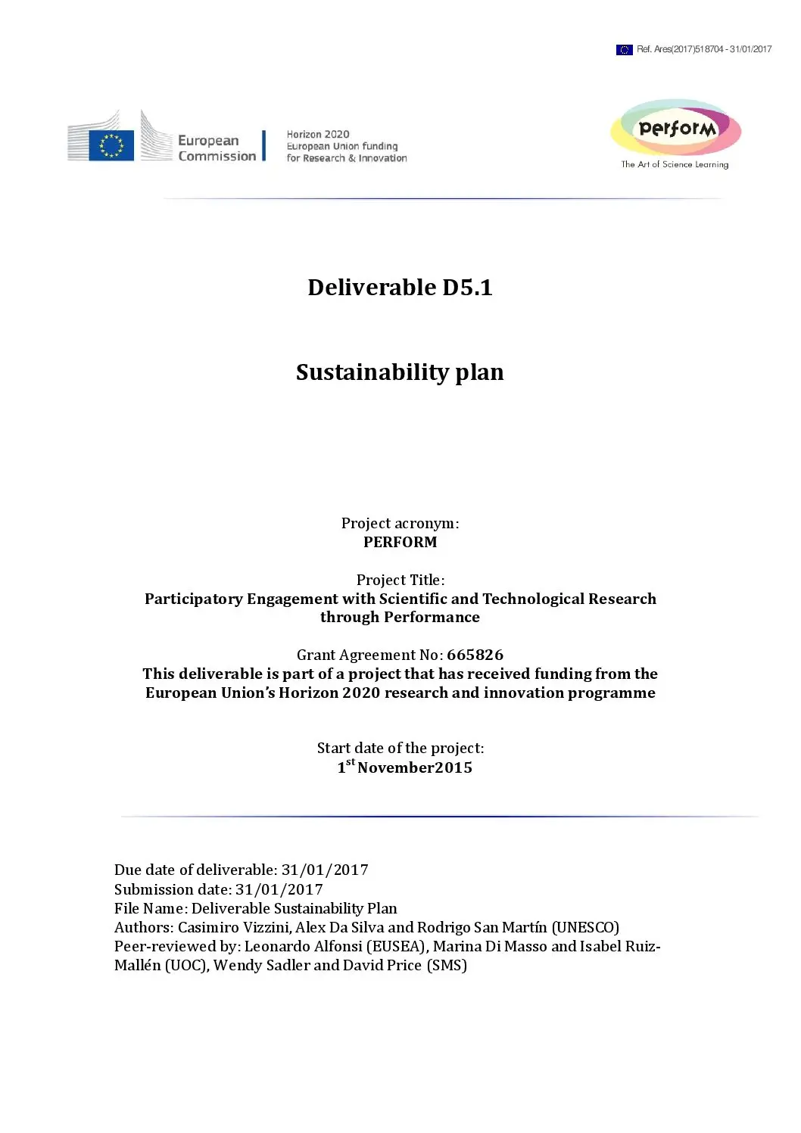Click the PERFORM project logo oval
click(x=675, y=128)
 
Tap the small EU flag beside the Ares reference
click(x=624, y=50)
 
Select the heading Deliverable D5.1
click(x=400, y=288)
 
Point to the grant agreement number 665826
click(x=475, y=655)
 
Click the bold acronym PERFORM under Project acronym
click(x=400, y=542)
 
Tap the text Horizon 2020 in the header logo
click(x=318, y=134)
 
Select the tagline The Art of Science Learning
click(x=675, y=164)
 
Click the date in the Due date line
click(x=324, y=870)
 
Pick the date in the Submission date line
click(x=279, y=889)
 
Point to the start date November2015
click(x=414, y=767)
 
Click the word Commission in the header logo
click(x=217, y=156)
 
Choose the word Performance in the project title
click(x=432, y=617)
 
